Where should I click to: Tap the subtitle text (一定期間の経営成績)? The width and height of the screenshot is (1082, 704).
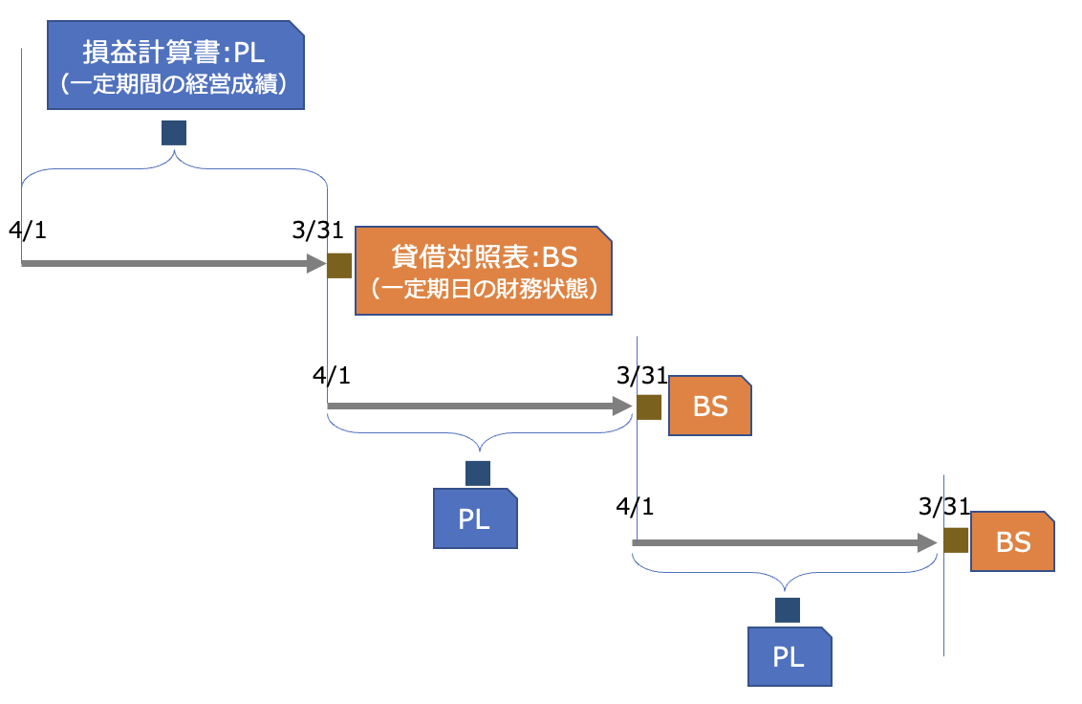point(176,84)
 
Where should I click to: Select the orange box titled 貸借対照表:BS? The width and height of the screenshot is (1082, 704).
point(484,271)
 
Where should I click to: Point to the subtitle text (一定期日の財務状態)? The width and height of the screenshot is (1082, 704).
point(484,288)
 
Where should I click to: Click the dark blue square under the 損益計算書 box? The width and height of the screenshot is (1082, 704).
point(174,133)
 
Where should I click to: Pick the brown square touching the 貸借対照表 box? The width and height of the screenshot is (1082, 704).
point(339,265)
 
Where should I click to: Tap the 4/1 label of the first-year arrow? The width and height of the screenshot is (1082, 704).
point(27,231)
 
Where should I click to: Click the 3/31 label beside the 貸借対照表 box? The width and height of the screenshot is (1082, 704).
point(318,231)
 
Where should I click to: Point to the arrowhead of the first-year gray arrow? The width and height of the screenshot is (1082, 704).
point(316,263)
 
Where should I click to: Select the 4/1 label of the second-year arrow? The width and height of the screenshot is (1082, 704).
point(332,374)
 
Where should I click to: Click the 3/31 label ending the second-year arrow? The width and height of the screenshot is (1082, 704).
point(642,374)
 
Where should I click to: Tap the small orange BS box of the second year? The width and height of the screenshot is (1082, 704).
point(711,407)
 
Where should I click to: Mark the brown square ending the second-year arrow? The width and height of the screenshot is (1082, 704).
point(649,407)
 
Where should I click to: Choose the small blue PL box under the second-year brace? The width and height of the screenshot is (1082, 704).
point(475,518)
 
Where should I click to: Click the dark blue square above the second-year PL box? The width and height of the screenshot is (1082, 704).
point(477,473)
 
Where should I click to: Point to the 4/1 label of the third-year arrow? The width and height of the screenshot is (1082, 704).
point(636,506)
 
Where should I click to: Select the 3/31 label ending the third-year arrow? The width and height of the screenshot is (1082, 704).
point(943,506)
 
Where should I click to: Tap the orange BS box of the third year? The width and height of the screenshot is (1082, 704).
point(1012,542)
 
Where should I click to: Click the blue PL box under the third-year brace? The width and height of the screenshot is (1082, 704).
point(790,656)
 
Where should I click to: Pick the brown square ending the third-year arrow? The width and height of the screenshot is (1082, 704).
point(956,541)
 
